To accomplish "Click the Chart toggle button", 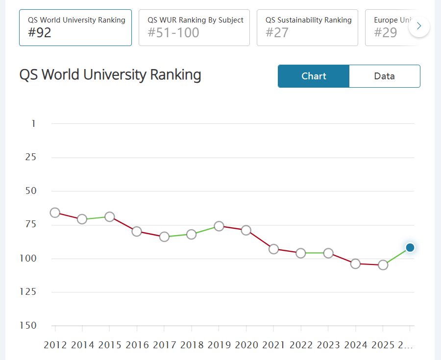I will (314, 76).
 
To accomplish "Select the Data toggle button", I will (384, 76).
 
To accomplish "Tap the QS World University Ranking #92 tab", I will (75, 27).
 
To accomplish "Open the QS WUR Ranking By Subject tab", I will (195, 27).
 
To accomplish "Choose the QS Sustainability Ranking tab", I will (308, 27).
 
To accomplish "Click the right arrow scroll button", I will (419, 26).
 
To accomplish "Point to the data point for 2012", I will (55, 213).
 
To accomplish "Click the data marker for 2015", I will (110, 216).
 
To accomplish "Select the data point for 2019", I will (219, 226).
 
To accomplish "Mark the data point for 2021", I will (274, 249).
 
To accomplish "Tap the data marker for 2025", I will (383, 265).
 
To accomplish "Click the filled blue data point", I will (410, 248).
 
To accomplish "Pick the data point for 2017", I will (165, 237).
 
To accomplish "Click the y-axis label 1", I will (33, 123).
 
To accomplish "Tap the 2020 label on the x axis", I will (246, 345).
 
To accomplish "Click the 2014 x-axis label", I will (82, 345).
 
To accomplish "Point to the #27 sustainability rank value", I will (277, 33).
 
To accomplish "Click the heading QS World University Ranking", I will (110, 75).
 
